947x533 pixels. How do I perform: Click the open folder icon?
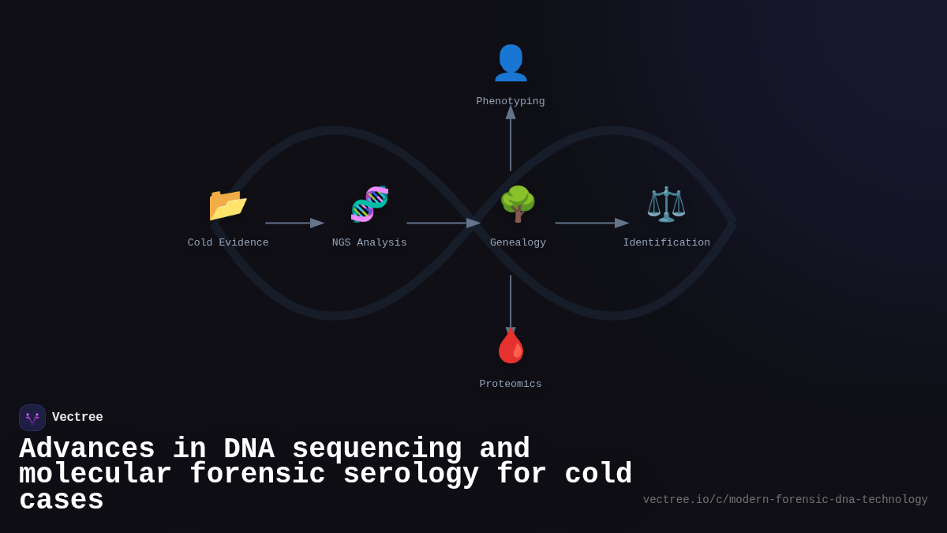(x=228, y=205)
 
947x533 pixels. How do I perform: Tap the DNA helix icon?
(x=369, y=205)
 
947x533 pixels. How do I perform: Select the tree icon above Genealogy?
(x=518, y=205)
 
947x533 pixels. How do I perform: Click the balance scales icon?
(x=666, y=205)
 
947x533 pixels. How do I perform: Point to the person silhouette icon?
(x=511, y=63)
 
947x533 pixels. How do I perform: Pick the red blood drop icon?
(x=511, y=346)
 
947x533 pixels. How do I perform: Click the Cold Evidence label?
(x=228, y=242)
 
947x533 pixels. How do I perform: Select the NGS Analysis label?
(x=369, y=242)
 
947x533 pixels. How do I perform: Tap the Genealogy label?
(x=518, y=242)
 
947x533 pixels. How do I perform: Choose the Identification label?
(x=666, y=242)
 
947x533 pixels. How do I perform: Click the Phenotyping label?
(x=511, y=101)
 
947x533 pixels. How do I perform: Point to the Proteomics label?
(x=511, y=384)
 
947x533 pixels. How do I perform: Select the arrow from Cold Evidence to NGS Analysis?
(x=294, y=223)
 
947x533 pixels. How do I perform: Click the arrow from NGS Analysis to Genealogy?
(x=443, y=223)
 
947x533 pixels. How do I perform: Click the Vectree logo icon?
(x=32, y=418)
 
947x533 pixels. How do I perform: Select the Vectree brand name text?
(x=77, y=418)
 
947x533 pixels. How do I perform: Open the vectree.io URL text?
(x=785, y=500)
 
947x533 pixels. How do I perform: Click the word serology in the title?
(x=410, y=475)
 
